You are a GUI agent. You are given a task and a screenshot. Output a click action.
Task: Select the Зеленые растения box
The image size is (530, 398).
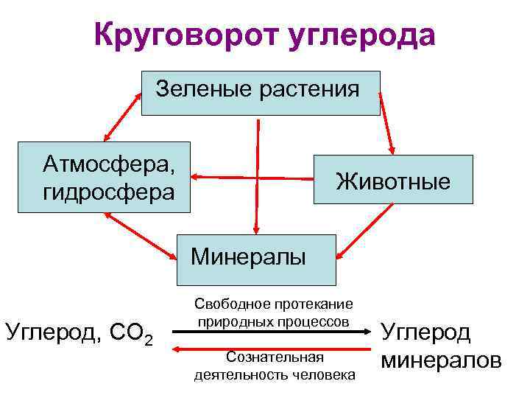tap(261, 93)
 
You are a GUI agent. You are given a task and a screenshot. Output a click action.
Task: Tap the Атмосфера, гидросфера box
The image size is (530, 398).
tap(104, 177)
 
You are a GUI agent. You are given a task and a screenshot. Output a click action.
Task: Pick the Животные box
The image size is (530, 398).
tap(393, 179)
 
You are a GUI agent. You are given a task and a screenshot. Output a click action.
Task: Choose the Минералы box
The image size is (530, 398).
tap(256, 259)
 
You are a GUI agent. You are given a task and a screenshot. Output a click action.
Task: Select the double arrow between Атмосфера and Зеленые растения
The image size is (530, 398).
tap(123, 116)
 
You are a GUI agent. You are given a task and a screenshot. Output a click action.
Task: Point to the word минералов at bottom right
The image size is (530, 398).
tap(441, 361)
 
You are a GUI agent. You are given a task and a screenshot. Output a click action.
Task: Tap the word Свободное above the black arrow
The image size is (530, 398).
tap(230, 304)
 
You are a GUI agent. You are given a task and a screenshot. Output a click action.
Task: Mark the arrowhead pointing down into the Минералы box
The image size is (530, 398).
tap(256, 228)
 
